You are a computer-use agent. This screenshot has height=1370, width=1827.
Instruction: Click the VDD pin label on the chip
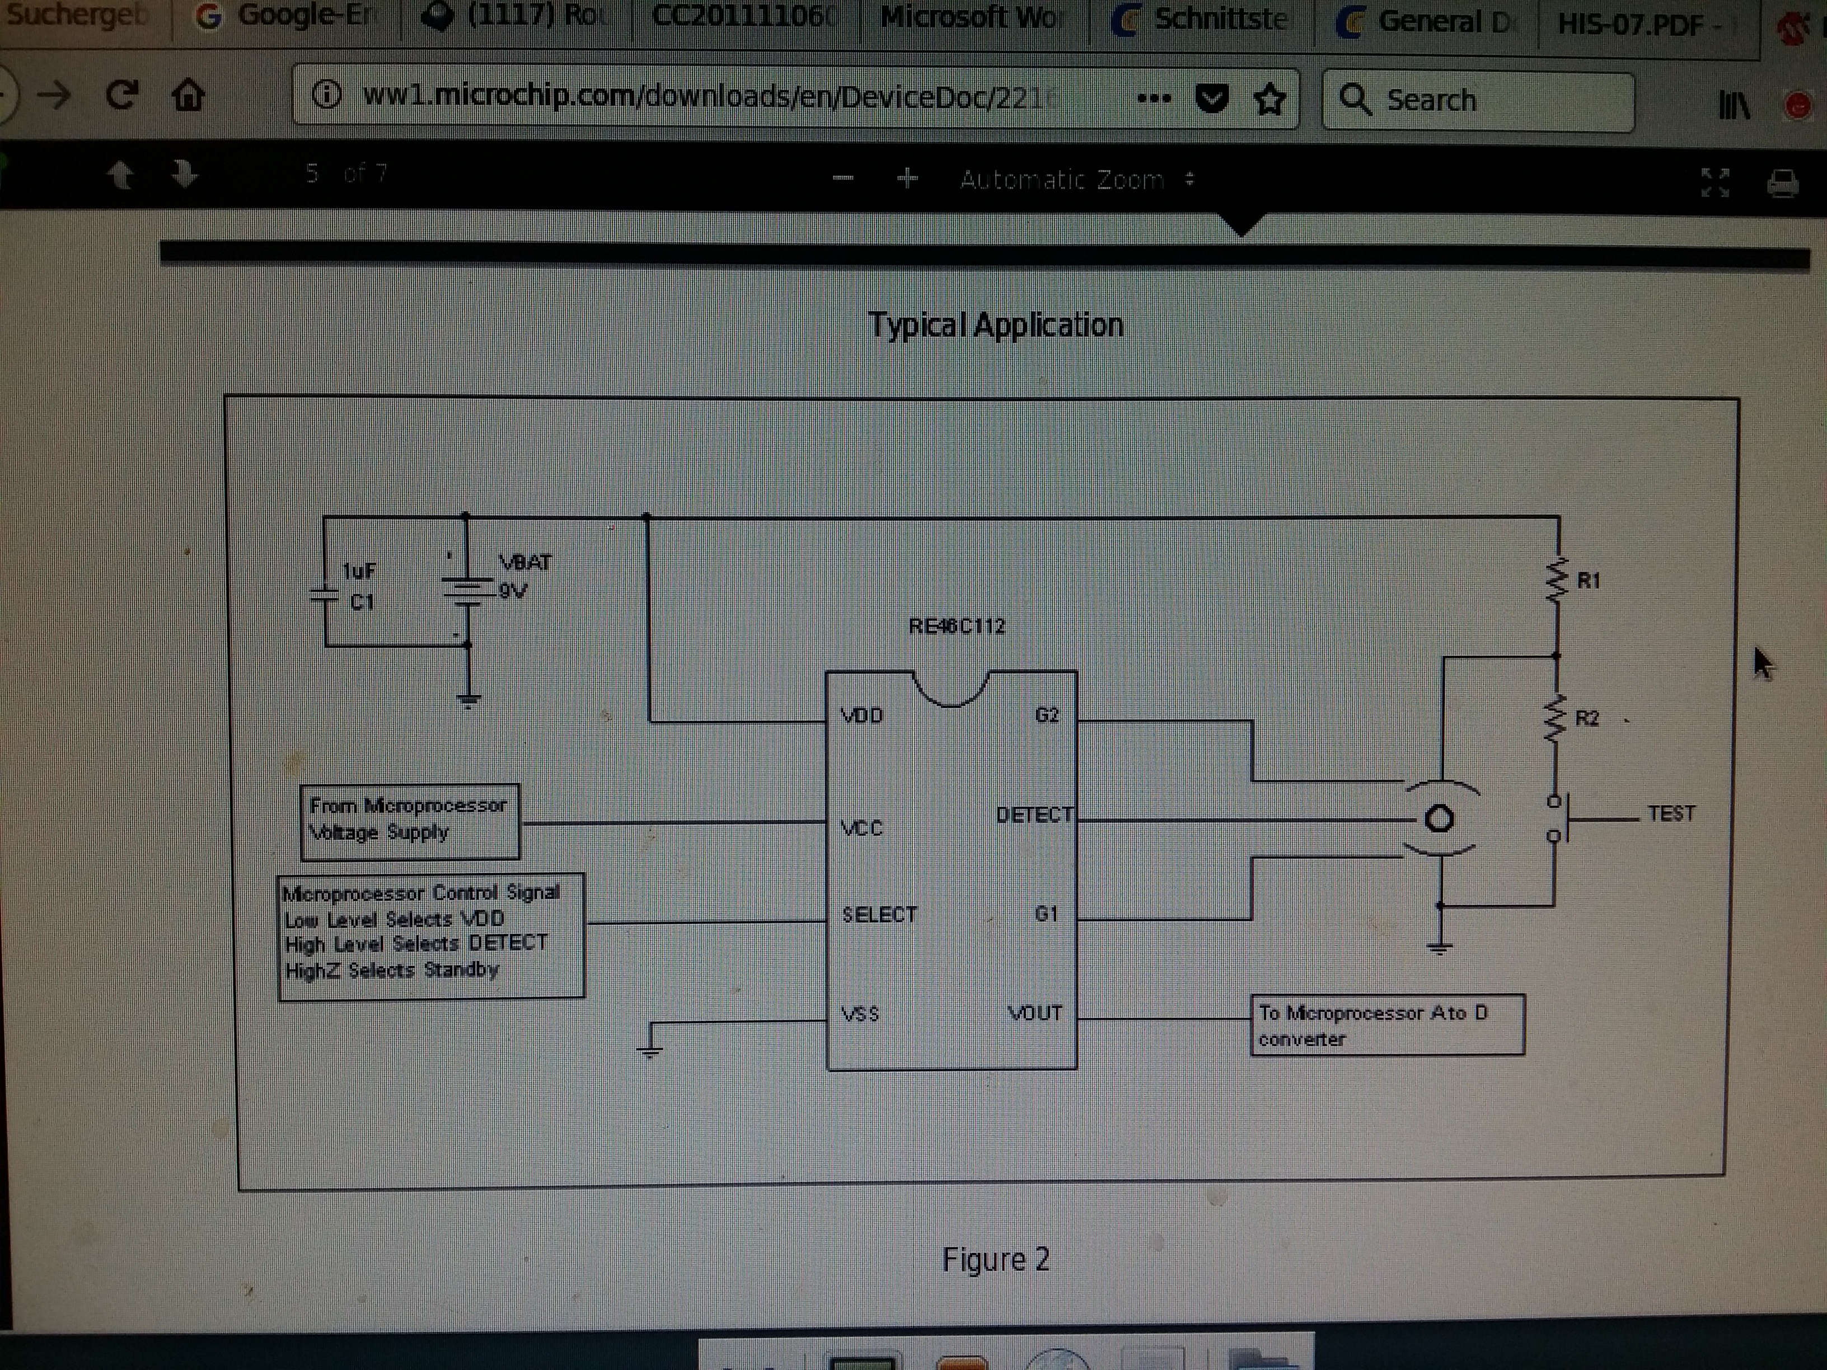[861, 715]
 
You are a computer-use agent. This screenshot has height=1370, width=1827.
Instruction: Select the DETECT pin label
[1034, 815]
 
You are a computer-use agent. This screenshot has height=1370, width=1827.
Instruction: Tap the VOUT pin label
[1035, 1014]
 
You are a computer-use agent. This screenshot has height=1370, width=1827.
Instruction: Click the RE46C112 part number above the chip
[957, 626]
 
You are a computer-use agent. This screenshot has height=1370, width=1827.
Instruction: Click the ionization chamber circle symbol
[1439, 819]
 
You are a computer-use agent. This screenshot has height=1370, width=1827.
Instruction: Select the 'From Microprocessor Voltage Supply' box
[410, 821]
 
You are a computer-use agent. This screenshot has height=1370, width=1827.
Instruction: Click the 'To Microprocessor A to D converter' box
[1387, 1025]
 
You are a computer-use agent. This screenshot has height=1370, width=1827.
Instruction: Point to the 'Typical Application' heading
[995, 325]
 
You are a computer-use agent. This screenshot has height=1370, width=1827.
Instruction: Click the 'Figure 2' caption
[995, 1259]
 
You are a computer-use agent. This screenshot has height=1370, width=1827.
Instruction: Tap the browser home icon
[188, 96]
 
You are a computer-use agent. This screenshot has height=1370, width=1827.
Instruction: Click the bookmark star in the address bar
[1269, 100]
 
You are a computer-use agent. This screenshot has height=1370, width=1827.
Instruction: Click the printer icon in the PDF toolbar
[1782, 182]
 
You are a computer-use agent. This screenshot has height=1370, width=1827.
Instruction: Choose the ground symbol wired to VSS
[651, 1049]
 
